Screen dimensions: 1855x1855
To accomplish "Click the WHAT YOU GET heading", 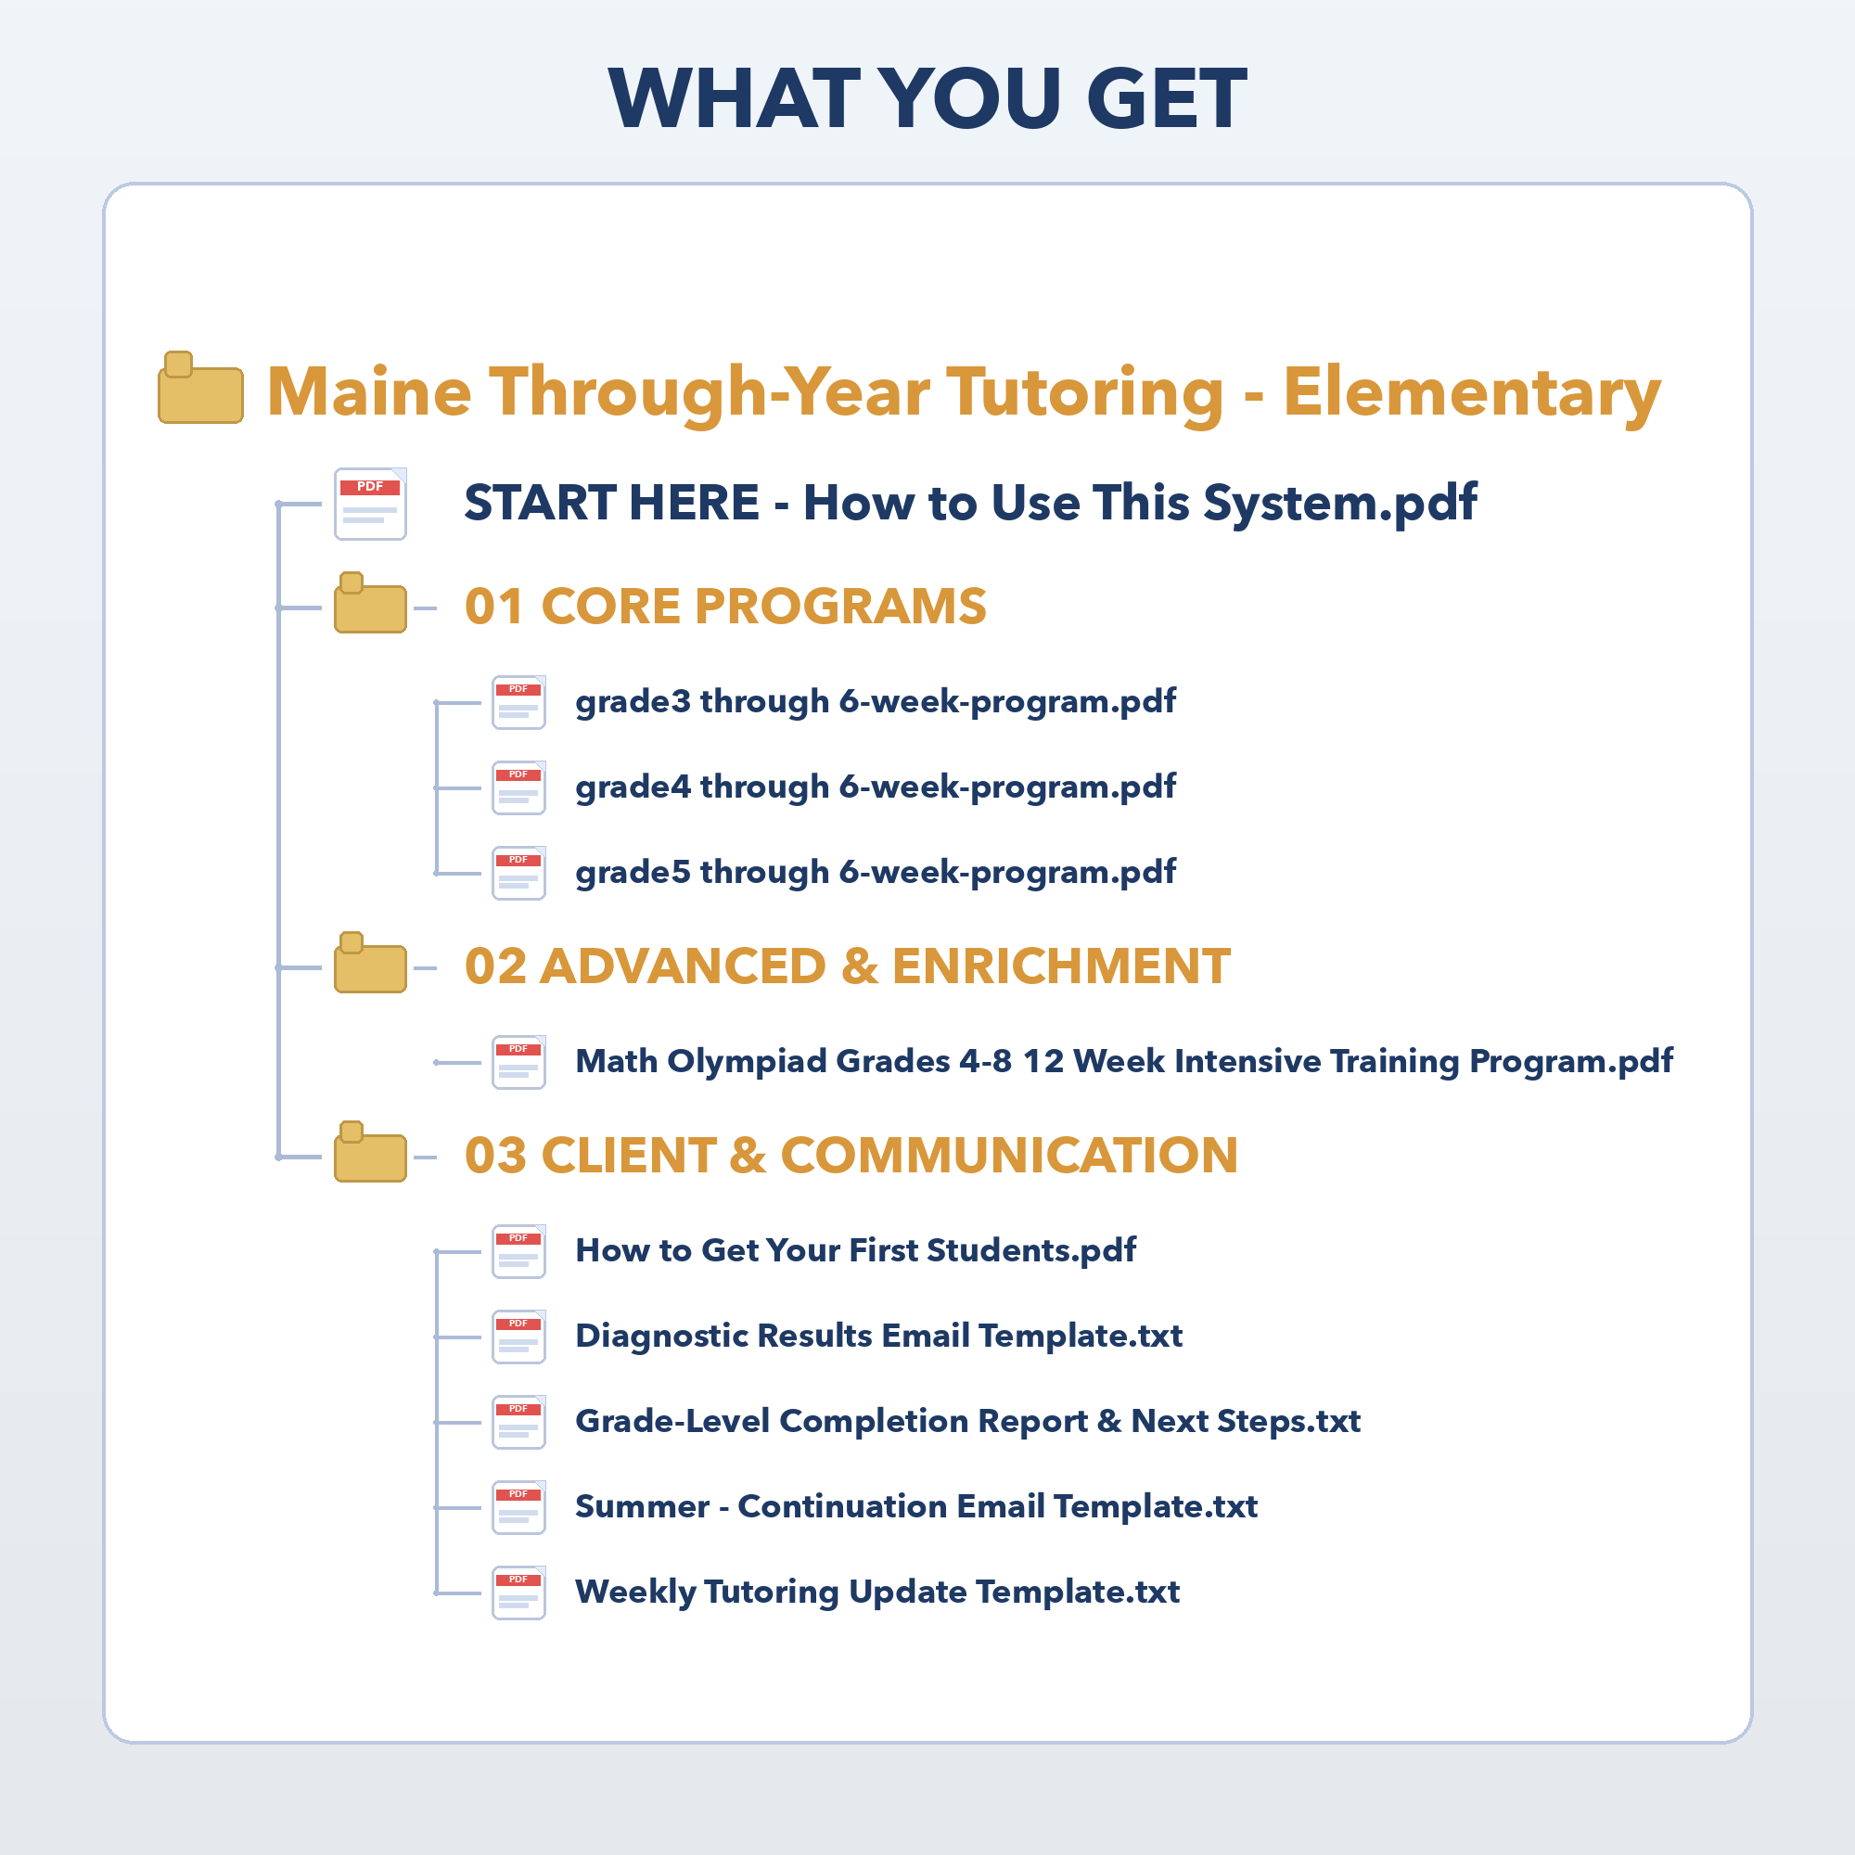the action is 927,98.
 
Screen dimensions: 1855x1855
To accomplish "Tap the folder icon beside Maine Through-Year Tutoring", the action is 200,388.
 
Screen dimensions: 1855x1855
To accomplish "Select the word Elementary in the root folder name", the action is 1472,392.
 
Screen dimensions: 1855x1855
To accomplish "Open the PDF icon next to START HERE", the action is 371,504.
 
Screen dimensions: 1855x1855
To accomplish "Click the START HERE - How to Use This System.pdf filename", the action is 971,503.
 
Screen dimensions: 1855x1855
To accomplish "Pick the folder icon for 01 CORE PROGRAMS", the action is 371,603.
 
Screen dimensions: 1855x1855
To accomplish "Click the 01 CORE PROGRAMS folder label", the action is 726,607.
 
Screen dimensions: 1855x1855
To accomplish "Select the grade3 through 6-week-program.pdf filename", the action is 876,702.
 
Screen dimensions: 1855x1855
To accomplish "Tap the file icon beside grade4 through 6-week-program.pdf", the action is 519,788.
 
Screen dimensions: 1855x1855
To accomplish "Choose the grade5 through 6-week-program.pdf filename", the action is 876,873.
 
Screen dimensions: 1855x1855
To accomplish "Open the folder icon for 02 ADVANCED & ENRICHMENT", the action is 371,962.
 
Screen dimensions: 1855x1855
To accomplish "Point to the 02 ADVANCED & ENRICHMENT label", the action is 848,966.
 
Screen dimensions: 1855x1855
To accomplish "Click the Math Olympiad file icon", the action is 519,1062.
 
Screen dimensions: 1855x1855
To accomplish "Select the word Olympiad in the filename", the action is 747,1063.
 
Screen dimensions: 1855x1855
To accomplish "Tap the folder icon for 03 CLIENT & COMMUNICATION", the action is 371,1151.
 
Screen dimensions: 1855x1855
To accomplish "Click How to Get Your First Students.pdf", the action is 855,1251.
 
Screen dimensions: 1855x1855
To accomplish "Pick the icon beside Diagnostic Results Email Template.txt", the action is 519,1337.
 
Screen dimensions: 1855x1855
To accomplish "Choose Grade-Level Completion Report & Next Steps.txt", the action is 967,1422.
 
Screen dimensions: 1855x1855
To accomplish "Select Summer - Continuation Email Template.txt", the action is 916,1507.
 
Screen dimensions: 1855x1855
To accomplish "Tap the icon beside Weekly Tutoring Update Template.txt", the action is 519,1593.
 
